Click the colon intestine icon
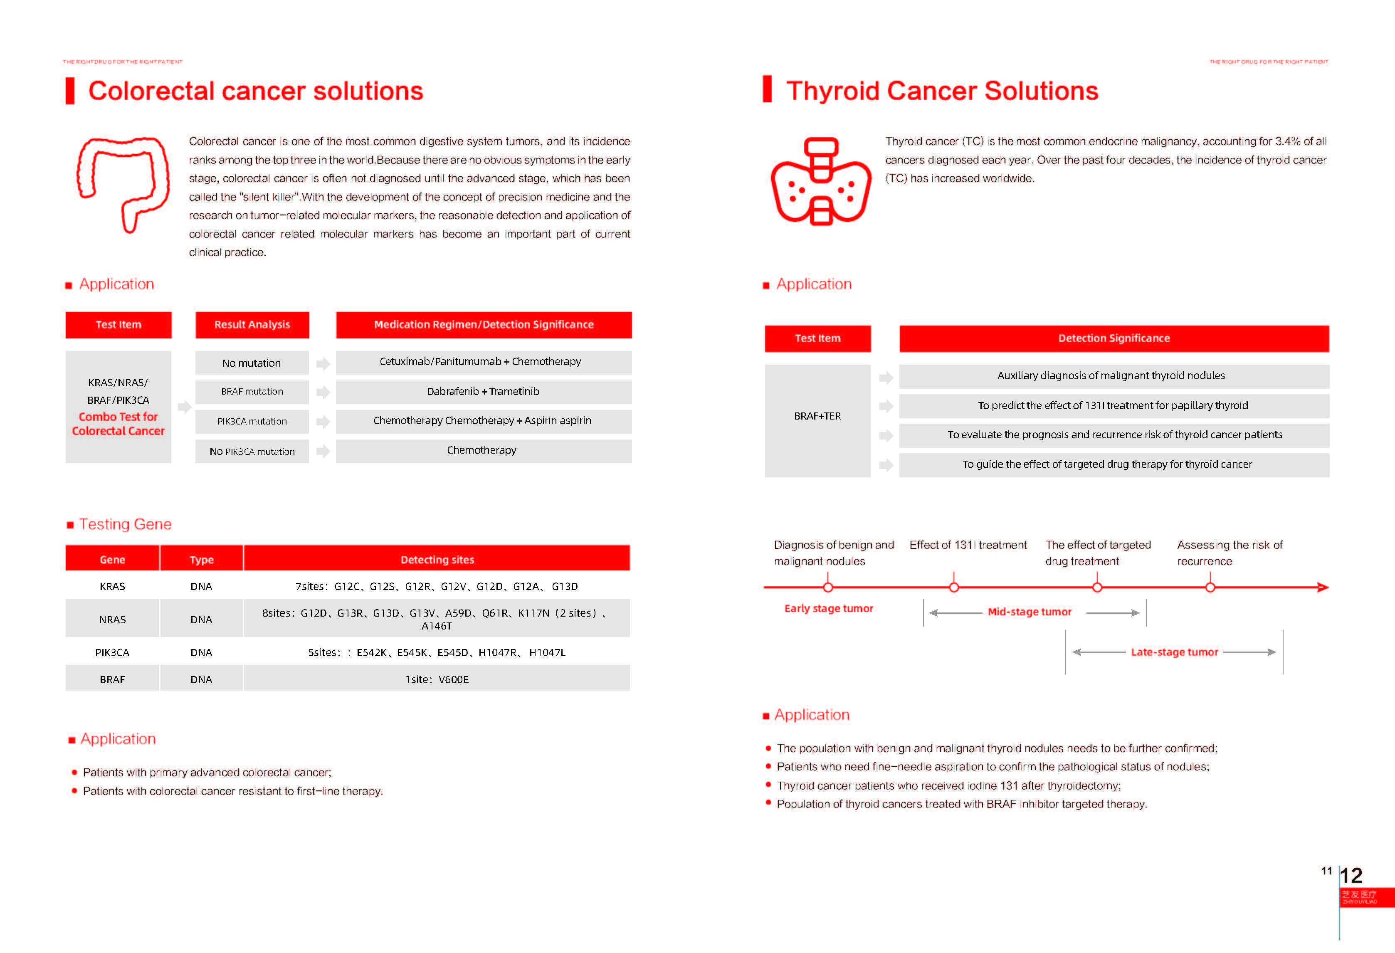123,183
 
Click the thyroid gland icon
820,182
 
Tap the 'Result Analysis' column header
252,325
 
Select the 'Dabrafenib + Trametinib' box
483,392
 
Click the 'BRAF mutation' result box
252,392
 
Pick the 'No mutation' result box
252,363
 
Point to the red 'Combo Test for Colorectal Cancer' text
118,424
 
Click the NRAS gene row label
112,620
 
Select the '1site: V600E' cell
437,679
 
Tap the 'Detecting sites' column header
437,559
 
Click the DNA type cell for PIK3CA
201,652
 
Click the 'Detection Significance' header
1114,338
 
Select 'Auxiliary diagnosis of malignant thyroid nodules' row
1114,376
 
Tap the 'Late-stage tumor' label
1174,652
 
